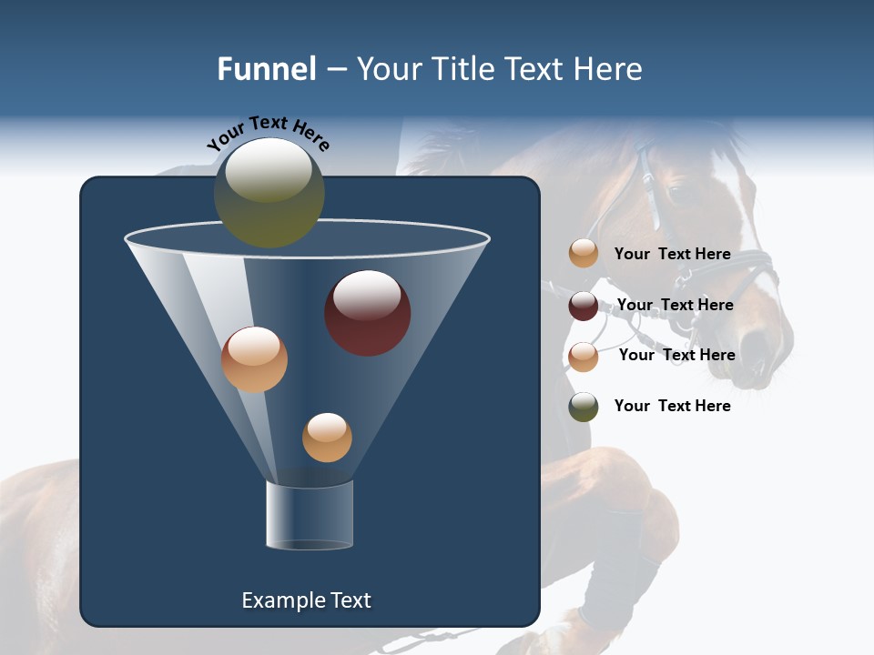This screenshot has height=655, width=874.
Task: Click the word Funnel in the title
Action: click(267, 69)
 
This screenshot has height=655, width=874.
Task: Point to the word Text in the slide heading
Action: click(545, 69)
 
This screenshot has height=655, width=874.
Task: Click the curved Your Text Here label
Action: click(269, 132)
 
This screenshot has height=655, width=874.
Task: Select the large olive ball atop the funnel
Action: click(269, 193)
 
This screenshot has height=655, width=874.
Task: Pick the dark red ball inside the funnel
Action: click(368, 312)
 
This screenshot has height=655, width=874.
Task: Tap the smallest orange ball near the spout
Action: click(327, 437)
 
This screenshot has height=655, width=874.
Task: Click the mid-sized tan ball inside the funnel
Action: click(255, 359)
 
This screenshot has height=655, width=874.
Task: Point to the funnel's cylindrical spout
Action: click(310, 516)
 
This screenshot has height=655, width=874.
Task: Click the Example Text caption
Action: click(306, 600)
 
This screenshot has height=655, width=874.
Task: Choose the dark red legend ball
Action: click(584, 306)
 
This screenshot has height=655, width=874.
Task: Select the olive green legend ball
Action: click(584, 407)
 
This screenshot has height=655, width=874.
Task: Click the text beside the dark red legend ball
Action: click(675, 305)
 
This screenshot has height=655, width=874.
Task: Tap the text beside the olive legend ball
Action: click(672, 406)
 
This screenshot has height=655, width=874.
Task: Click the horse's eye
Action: click(676, 193)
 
